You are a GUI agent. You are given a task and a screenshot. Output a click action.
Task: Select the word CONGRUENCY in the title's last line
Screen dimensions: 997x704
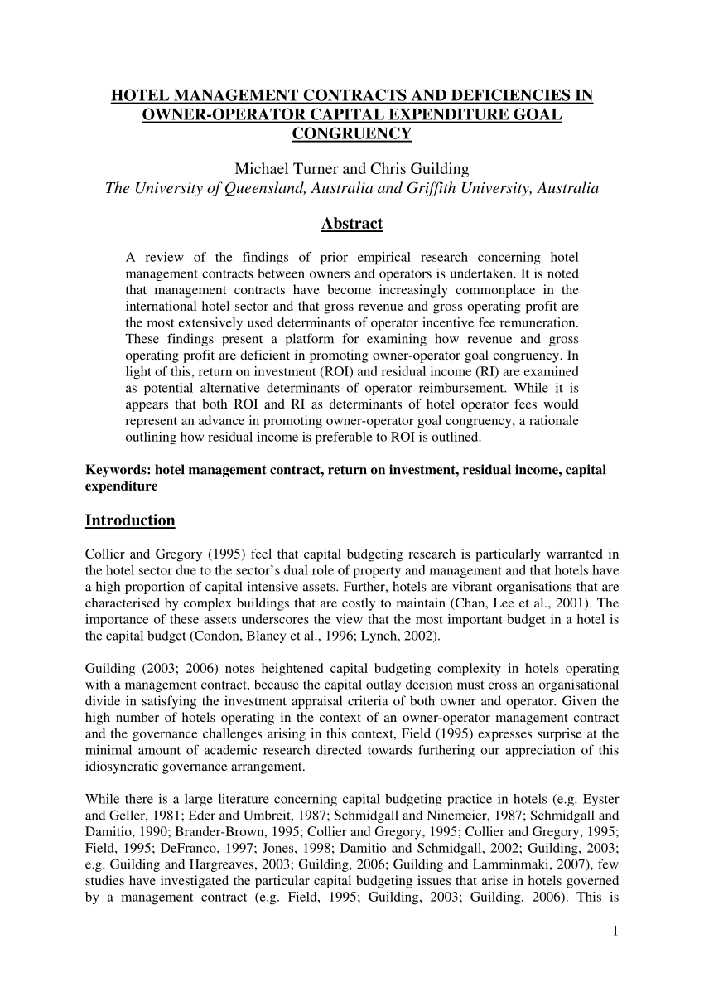(x=352, y=133)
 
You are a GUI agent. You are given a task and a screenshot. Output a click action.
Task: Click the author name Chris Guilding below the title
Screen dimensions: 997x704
(x=419, y=169)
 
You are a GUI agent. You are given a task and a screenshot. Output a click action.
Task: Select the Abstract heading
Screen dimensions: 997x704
(x=351, y=224)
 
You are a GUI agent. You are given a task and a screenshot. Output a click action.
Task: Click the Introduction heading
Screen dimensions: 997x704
(x=130, y=520)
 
